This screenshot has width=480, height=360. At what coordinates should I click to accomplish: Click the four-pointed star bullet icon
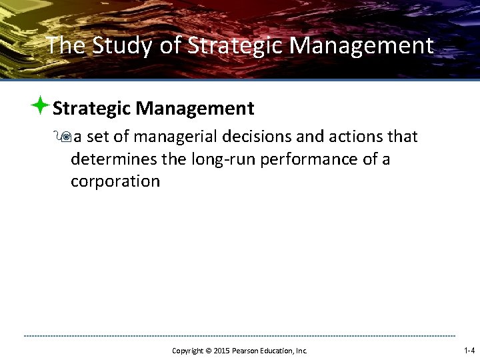(x=40, y=106)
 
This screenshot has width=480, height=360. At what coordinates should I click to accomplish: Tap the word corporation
(x=115, y=181)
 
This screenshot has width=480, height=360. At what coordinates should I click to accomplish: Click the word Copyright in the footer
(x=187, y=350)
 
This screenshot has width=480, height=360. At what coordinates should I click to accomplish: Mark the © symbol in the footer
(x=209, y=350)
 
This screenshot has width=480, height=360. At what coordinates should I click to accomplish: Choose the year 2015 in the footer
(x=222, y=350)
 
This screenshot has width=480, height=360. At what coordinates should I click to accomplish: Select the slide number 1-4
(x=469, y=350)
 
